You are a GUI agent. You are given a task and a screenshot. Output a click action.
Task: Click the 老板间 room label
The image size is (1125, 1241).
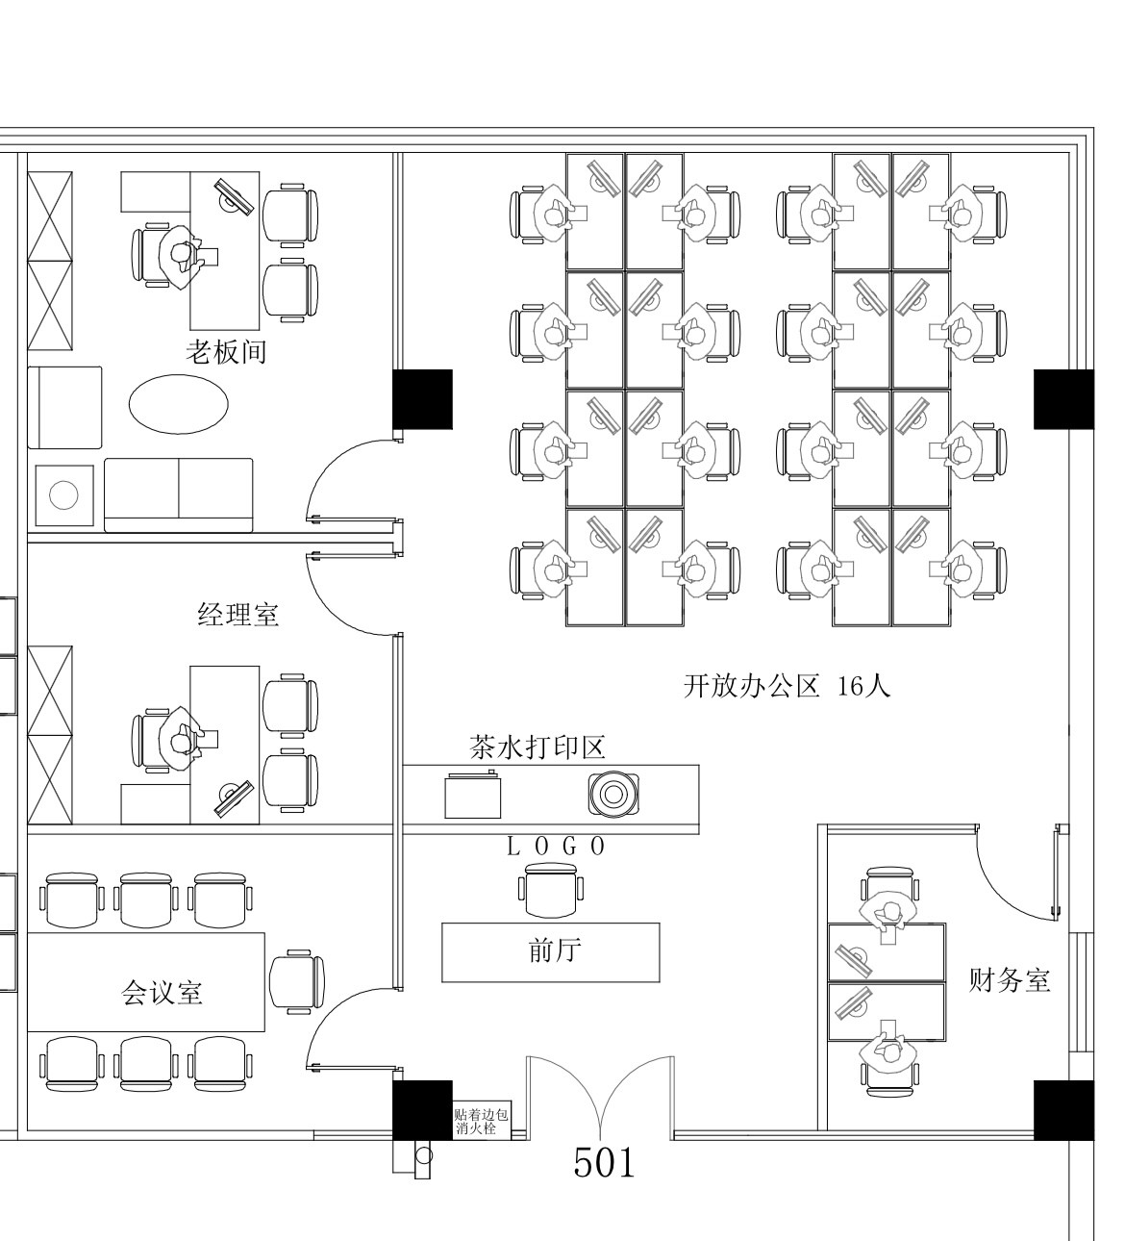[226, 352]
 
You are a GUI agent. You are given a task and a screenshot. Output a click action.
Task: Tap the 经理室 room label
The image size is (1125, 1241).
[238, 614]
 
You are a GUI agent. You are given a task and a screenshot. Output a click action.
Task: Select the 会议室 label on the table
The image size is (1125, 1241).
[162, 992]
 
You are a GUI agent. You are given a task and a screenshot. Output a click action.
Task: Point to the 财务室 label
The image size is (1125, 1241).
[1009, 980]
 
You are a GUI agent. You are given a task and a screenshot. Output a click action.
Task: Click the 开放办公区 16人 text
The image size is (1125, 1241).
[787, 686]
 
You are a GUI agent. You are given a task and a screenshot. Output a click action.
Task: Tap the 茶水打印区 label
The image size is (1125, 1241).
[537, 747]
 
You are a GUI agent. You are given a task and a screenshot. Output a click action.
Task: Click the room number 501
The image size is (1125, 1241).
[604, 1163]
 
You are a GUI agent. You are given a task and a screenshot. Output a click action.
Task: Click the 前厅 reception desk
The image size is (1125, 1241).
[550, 951]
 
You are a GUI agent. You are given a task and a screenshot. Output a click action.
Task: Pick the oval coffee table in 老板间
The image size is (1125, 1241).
[179, 403]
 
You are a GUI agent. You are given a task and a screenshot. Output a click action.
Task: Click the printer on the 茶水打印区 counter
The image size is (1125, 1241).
[473, 795]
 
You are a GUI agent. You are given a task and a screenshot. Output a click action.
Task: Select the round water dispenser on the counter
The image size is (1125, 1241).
[613, 794]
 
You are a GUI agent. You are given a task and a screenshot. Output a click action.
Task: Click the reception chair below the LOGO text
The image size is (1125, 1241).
[551, 890]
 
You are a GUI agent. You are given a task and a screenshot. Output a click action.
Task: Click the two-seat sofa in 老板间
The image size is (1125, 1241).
[178, 494]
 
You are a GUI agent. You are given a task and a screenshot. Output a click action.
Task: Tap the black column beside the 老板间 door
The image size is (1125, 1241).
[422, 398]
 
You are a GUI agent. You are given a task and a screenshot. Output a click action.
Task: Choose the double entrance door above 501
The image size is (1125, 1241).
[600, 1097]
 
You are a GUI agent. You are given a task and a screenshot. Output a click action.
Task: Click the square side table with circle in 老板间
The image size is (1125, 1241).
[64, 495]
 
